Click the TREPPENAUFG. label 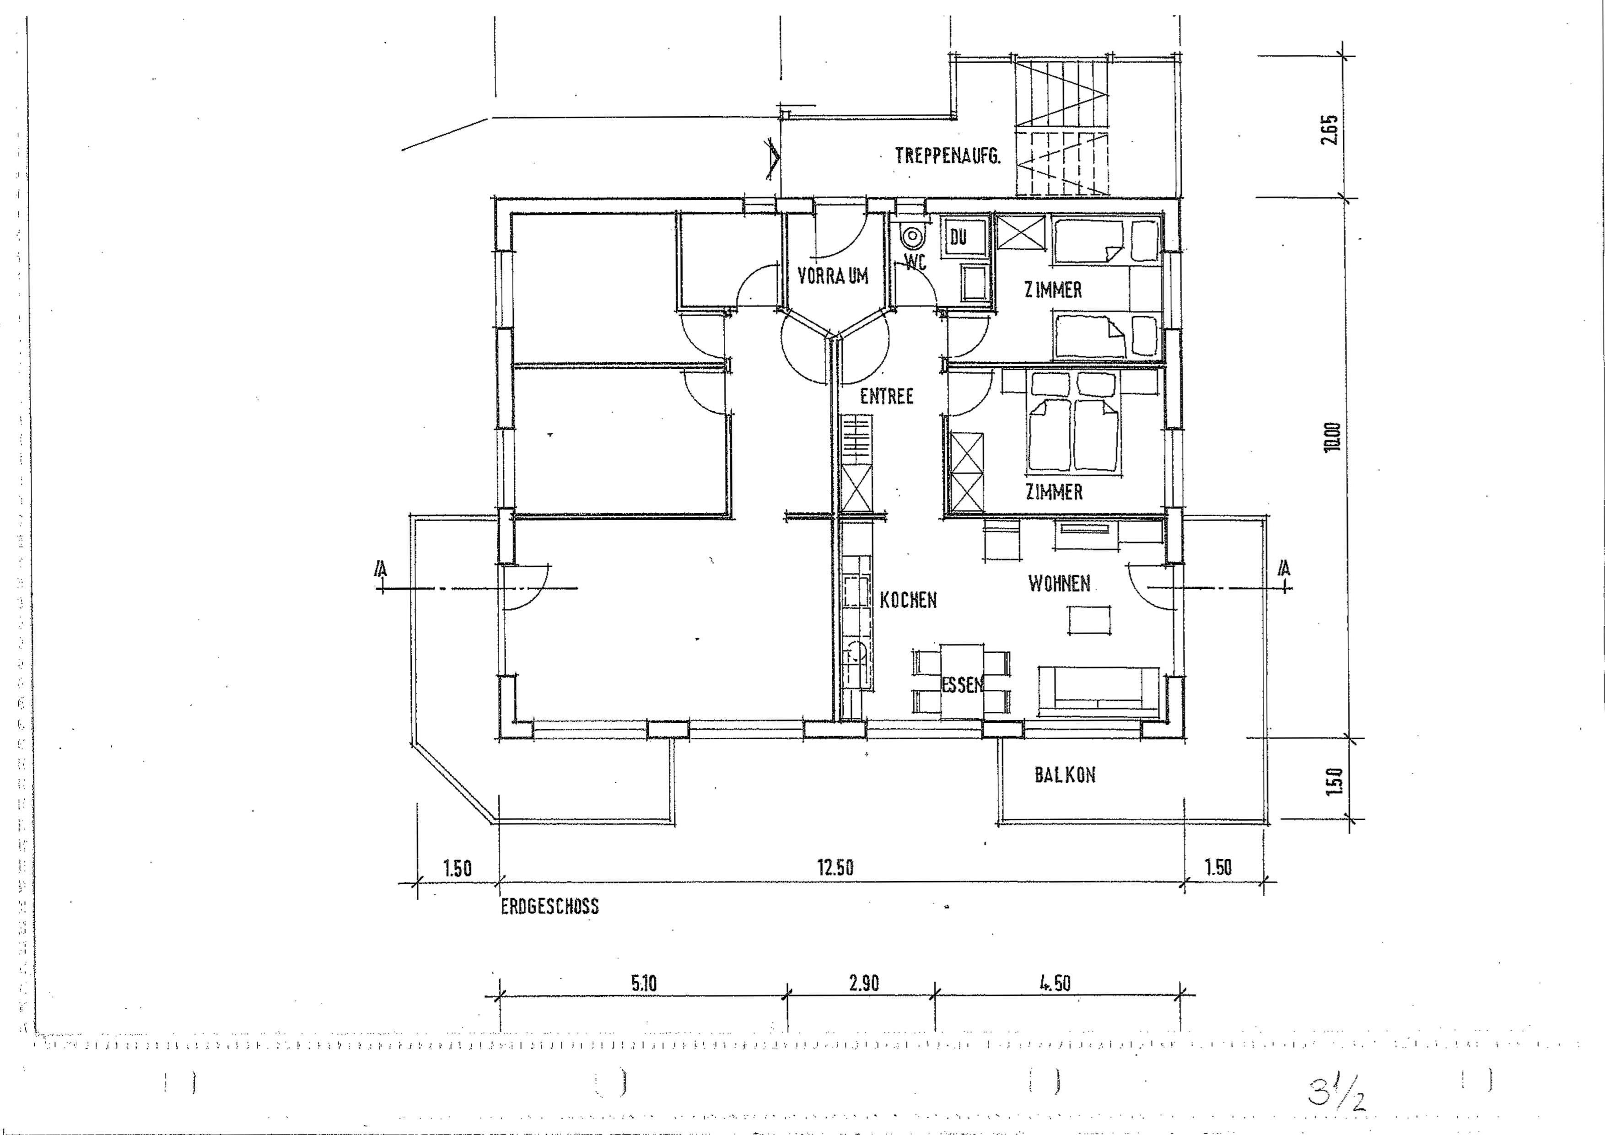(x=947, y=155)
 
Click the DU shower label (x=958, y=237)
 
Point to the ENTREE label (x=886, y=396)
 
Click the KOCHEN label (x=908, y=600)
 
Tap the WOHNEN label (x=1059, y=584)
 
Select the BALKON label (x=1065, y=775)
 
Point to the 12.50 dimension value (x=835, y=868)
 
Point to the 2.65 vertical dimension (x=1330, y=129)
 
